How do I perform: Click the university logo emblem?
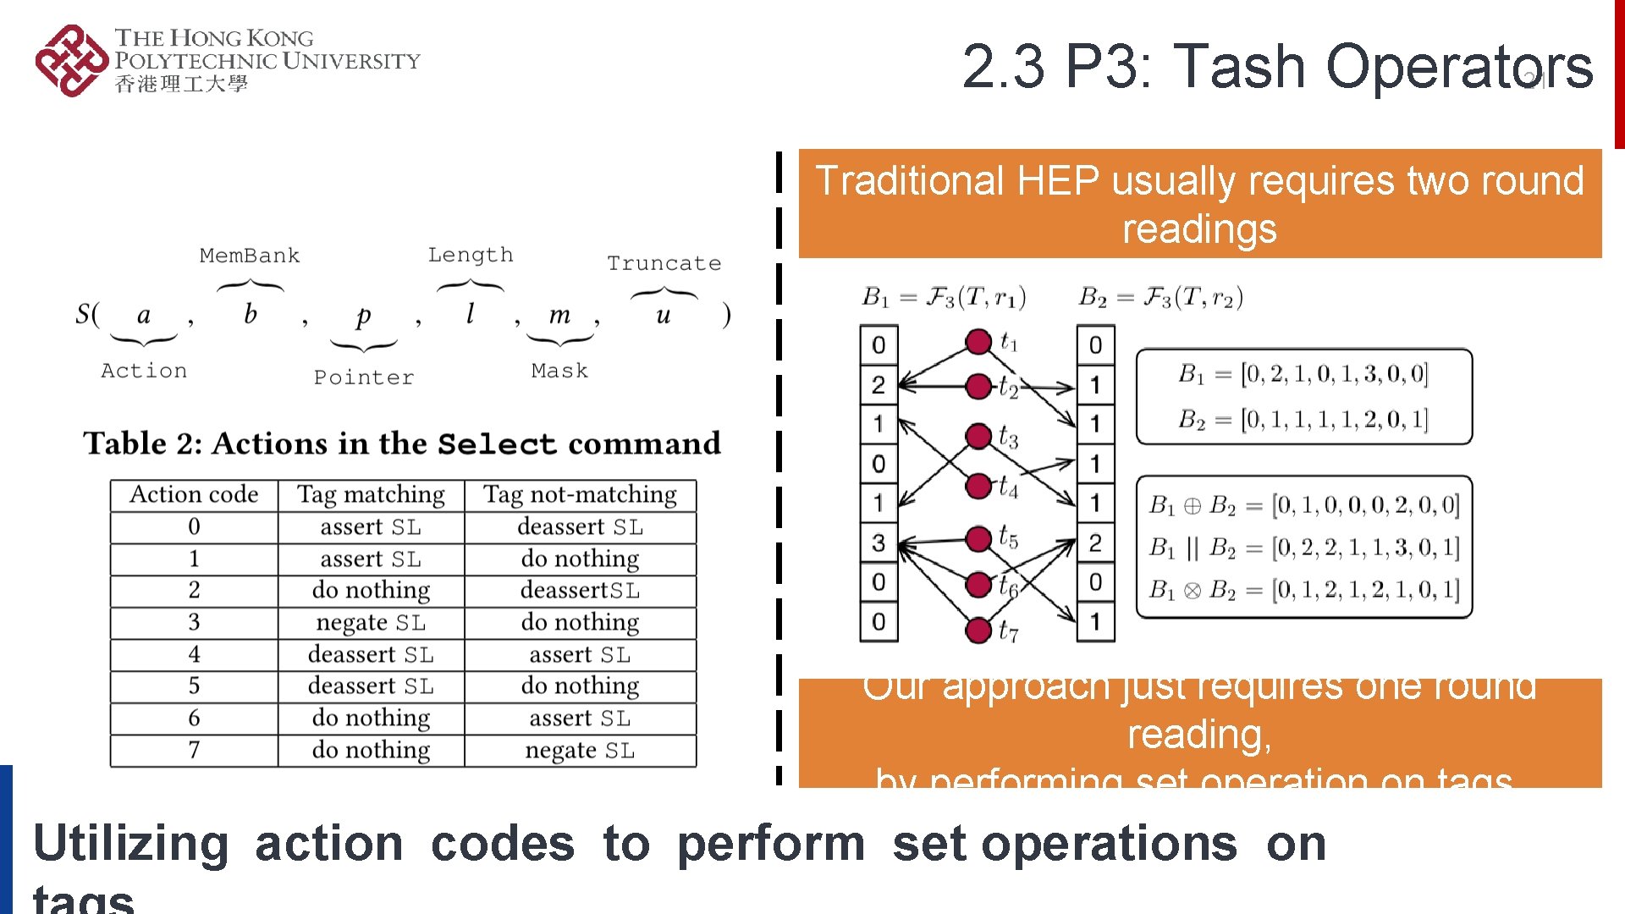pos(71,61)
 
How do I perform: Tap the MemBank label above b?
pos(250,256)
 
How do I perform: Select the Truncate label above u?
pos(664,263)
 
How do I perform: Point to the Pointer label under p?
pos(364,377)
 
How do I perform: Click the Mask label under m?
pos(559,371)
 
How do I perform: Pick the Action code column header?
pos(194,494)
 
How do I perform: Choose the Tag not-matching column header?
pos(580,494)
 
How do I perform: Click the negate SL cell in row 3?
pos(371,623)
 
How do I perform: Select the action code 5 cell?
pos(194,685)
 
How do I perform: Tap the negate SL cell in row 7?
pos(580,751)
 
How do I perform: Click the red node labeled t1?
pos(978,342)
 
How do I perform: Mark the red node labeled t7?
pos(978,630)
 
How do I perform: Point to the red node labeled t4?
pos(978,486)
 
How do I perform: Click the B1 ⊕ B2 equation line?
pos(1303,506)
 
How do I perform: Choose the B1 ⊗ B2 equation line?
pos(1303,590)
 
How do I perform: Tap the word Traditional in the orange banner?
pos(910,181)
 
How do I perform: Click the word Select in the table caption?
pos(497,444)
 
